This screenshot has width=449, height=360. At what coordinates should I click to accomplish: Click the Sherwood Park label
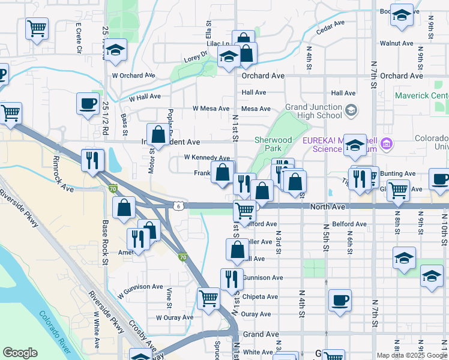coord(273,144)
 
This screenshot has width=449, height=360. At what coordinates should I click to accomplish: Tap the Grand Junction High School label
coord(313,111)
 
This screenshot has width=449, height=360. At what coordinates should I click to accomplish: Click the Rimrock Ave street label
coord(62,175)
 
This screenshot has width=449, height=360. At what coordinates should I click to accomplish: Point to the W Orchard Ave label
coord(133,76)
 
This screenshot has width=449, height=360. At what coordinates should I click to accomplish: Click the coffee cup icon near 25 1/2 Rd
coord(88,103)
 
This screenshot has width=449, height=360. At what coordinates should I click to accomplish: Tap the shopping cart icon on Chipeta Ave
coord(208,298)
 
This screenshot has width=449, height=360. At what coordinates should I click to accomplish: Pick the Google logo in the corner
coord(20,352)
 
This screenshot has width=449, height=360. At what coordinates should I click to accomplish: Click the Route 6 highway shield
coord(178,206)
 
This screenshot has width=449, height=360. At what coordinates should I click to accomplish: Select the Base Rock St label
coord(104,242)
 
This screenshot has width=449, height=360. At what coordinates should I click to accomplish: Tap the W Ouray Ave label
coord(175,317)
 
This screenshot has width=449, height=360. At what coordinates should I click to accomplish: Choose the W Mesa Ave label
coord(211,109)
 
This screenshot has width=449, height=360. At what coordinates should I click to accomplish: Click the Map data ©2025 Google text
coord(412,355)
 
